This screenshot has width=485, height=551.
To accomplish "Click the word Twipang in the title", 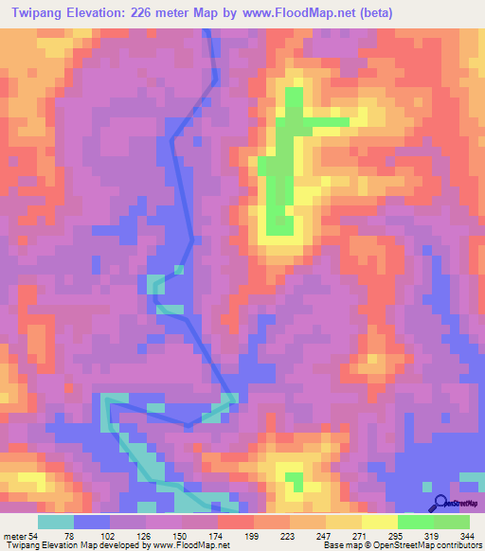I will click(40, 13).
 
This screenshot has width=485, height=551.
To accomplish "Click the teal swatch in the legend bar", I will click(56, 523).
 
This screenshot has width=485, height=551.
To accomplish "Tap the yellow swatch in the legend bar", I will click(379, 523).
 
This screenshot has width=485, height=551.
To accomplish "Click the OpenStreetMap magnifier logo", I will click(439, 504).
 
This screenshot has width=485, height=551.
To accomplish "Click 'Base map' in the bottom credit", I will click(338, 544).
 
